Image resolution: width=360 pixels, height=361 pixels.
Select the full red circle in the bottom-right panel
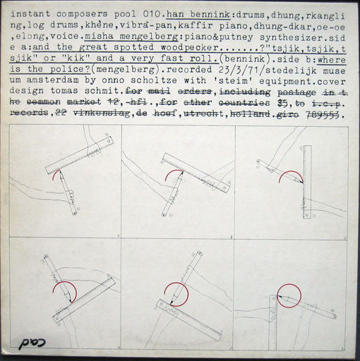pyautogui.click(x=288, y=297)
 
